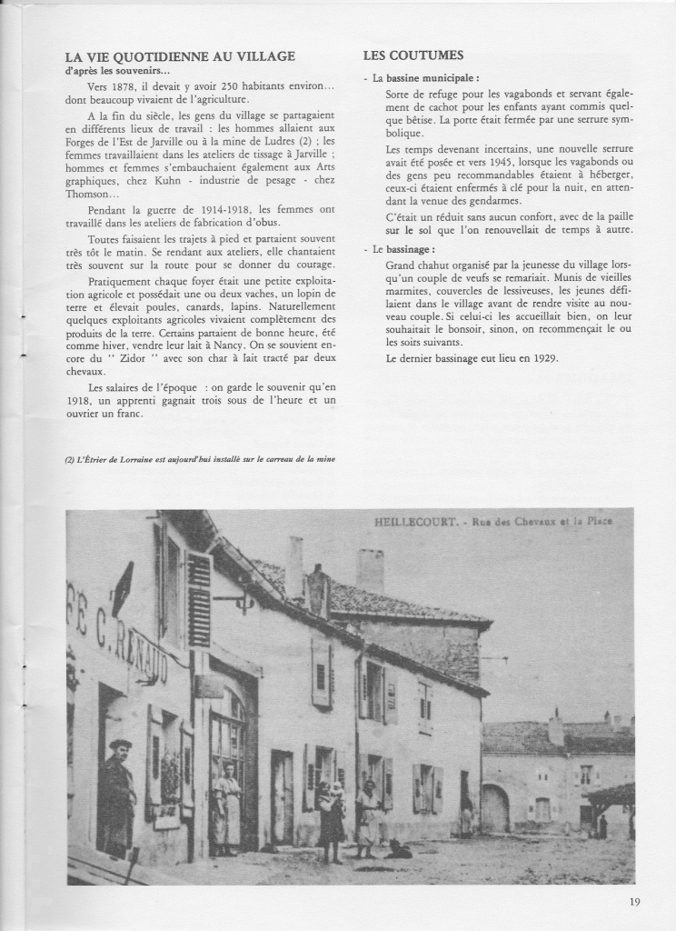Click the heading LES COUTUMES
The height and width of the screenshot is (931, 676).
413,55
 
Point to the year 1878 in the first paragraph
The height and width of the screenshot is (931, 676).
124,85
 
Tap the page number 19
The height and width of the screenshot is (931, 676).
633,902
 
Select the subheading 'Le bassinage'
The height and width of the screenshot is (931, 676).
405,248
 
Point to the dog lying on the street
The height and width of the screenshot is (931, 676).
397,850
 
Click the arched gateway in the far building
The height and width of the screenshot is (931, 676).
495,808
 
